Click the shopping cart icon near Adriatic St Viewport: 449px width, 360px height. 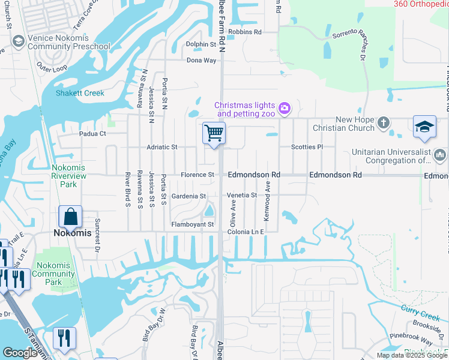(x=214, y=133)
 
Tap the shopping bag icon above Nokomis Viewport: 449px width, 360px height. (x=70, y=217)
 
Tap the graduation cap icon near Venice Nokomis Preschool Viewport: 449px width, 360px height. (x=17, y=41)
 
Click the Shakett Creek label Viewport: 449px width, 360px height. (x=80, y=93)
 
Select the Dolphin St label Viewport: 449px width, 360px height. (x=200, y=44)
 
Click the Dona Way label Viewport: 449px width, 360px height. (x=201, y=61)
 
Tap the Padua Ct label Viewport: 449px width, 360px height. (x=93, y=134)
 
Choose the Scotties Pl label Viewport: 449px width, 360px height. (x=307, y=147)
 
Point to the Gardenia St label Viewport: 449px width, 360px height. (x=188, y=196)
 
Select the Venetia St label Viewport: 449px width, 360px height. (x=241, y=196)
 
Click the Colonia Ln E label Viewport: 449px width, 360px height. (x=245, y=232)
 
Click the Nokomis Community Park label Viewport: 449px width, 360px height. (x=54, y=274)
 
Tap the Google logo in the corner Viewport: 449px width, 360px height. (x=20, y=353)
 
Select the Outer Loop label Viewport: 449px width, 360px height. (x=52, y=68)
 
